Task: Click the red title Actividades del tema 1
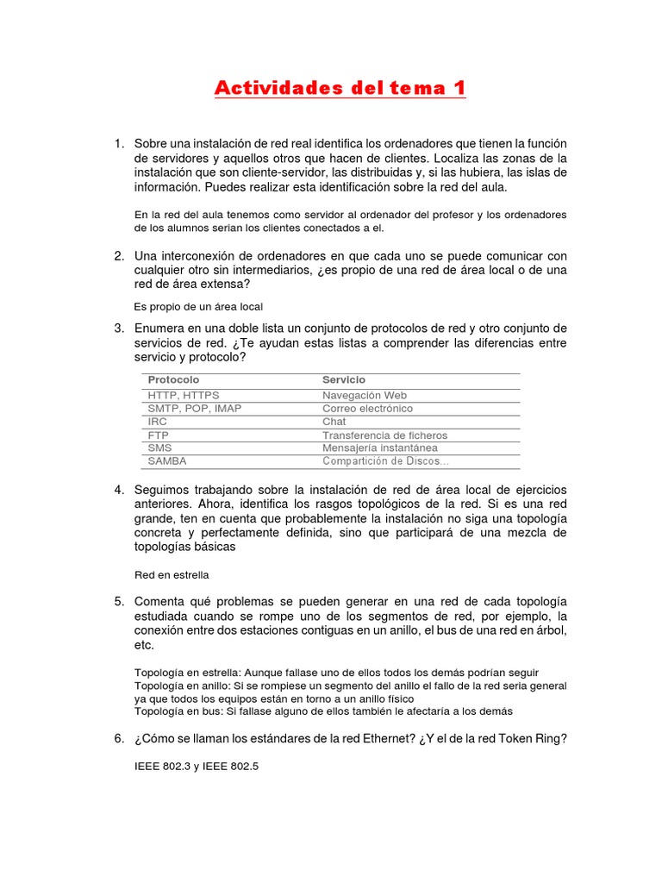[x=340, y=88]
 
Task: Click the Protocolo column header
[x=173, y=379]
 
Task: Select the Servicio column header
[x=344, y=379]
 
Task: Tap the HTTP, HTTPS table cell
[x=184, y=395]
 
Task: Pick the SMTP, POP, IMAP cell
[x=195, y=408]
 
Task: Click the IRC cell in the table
[x=158, y=422]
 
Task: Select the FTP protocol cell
[x=158, y=435]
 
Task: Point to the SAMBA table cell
[x=167, y=461]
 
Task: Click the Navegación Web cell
[x=365, y=395]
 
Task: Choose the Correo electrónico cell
[x=367, y=408]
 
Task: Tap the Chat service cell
[x=334, y=422]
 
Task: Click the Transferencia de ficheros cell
[x=385, y=435]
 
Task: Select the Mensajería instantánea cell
[x=380, y=448]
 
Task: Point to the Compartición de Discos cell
[x=385, y=461]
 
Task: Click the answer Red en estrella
[x=172, y=574]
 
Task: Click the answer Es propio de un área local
[x=198, y=306]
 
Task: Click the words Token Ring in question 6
[x=527, y=738]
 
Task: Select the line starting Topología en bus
[x=323, y=711]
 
